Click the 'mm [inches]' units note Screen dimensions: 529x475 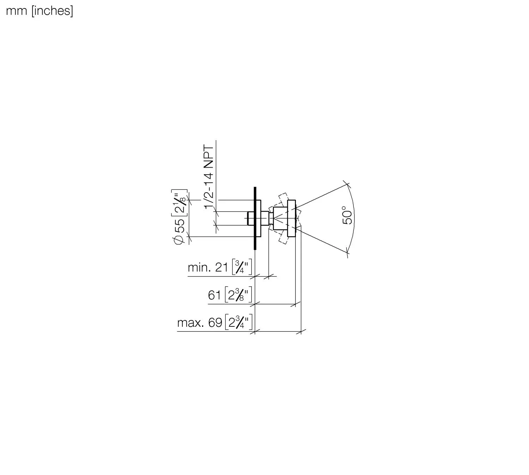point(39,11)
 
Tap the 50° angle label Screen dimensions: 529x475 point(347,215)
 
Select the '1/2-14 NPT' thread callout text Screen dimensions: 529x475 point(208,177)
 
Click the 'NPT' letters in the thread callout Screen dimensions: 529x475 point(208,156)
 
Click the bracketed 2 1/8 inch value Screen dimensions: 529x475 point(179,202)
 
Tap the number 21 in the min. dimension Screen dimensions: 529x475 point(221,268)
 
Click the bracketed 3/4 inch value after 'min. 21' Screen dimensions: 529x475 point(242,267)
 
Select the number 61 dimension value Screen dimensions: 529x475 point(214,295)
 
